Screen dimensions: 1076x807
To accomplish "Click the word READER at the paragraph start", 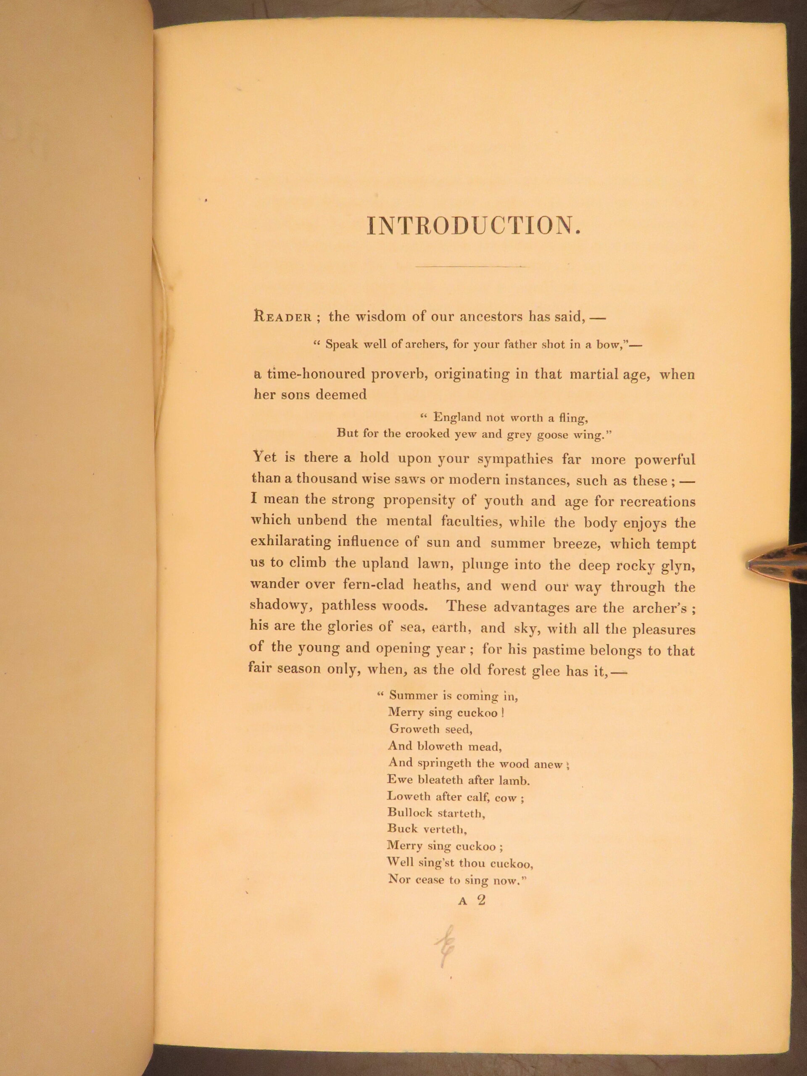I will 282,318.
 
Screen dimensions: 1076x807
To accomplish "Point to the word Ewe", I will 398,779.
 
